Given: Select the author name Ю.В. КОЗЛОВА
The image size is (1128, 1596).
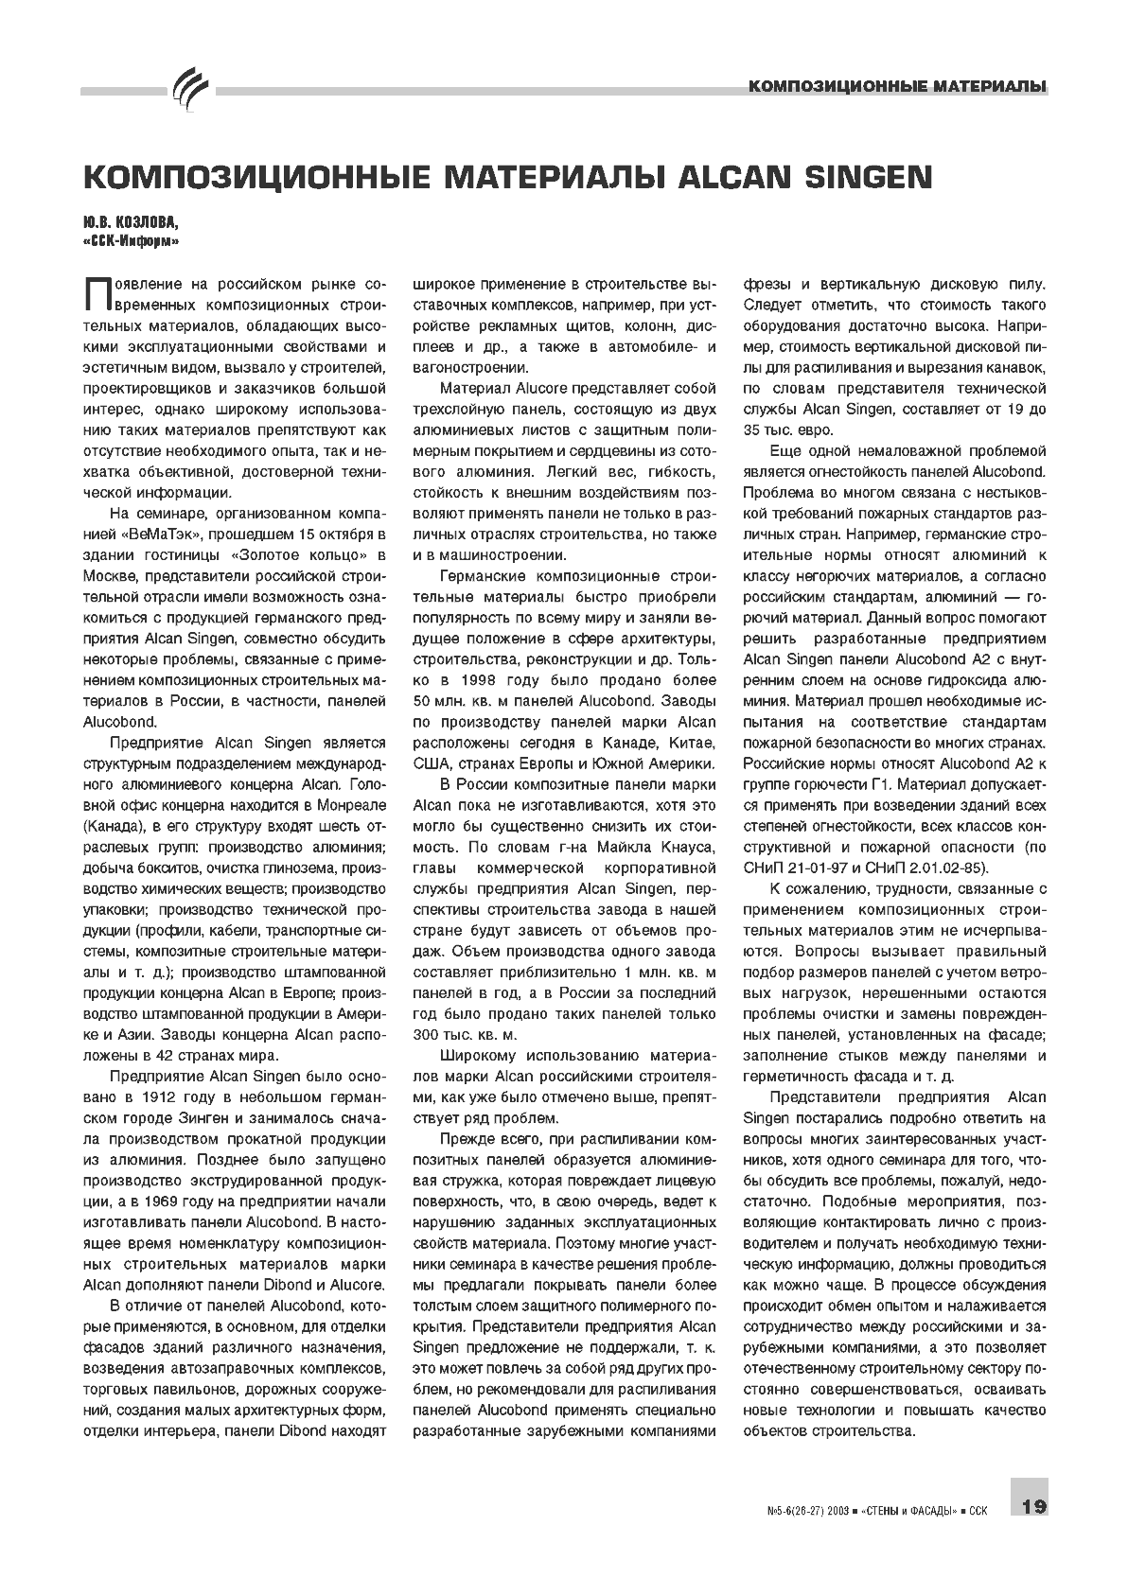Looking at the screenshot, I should click(129, 222).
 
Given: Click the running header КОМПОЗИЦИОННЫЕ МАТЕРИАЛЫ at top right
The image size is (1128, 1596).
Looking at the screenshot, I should click(896, 87).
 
